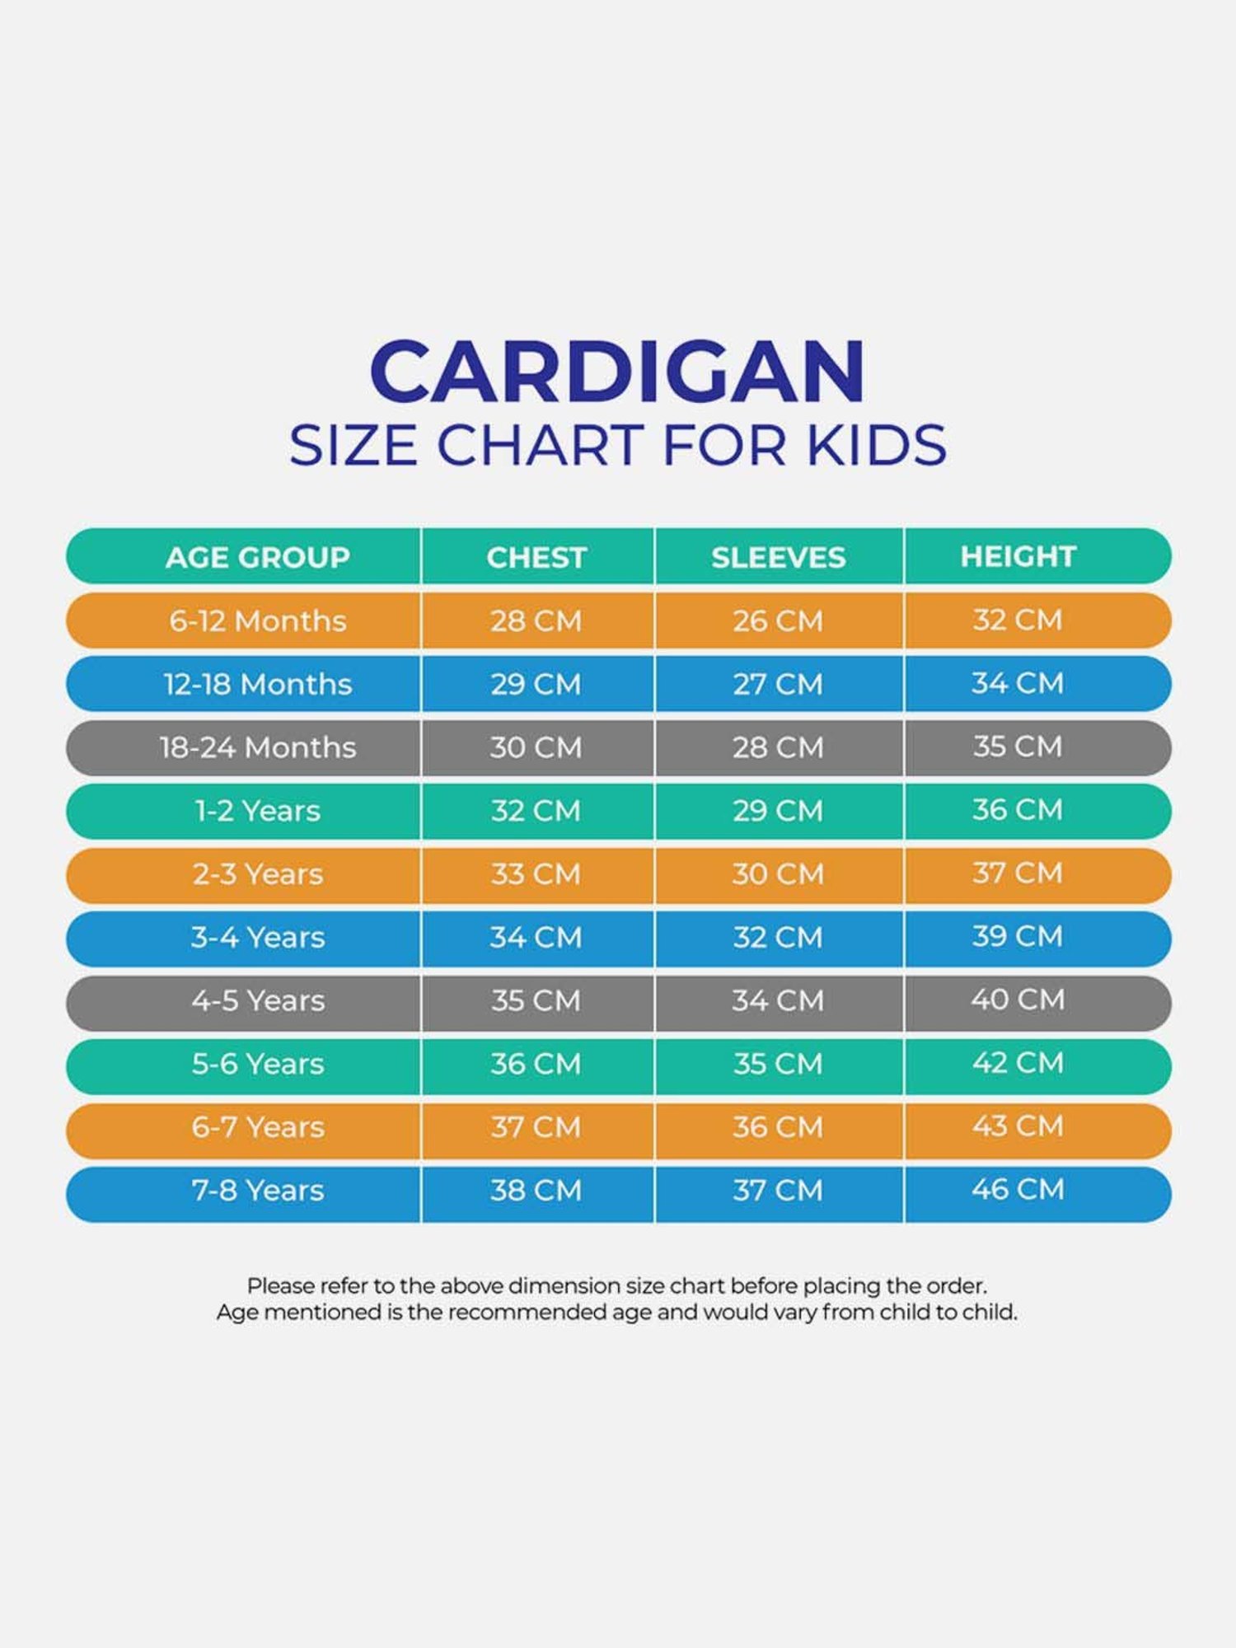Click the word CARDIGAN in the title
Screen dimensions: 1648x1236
coord(618,372)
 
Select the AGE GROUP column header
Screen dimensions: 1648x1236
coord(257,558)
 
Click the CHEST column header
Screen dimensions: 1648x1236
coord(536,558)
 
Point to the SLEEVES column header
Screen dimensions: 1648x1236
coord(779,558)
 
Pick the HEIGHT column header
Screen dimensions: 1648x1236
coord(1018,557)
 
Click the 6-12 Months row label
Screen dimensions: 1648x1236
coord(257,621)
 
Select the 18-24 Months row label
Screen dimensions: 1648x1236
coord(257,748)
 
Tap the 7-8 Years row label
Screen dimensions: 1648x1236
coord(257,1191)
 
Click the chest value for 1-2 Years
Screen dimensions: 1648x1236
coord(536,811)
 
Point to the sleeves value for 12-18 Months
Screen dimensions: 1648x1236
coord(779,685)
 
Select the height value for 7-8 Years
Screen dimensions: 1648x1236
coord(1018,1190)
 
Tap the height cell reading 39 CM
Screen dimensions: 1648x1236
coord(1018,937)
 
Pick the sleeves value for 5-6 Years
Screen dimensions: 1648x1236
coord(779,1064)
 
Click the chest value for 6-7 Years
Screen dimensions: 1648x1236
coord(536,1127)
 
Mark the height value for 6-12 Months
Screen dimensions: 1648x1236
coord(1018,620)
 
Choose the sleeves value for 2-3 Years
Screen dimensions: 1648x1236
coord(779,874)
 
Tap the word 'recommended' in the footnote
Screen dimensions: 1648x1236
coord(528,1313)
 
